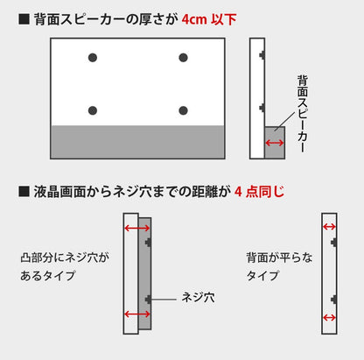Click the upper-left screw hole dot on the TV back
[93, 58]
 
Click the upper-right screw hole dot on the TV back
[183, 58]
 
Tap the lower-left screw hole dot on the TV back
[93, 110]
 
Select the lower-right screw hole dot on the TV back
[183, 110]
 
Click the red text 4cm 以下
[209, 19]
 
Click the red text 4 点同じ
[259, 192]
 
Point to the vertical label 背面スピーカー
[303, 114]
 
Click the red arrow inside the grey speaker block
[275, 143]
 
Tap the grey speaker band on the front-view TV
[137, 142]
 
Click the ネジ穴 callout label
[198, 298]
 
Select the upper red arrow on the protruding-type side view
[137, 228]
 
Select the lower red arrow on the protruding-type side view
[137, 314]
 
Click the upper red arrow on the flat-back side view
[329, 227]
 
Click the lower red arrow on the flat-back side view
[329, 317]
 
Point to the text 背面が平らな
[279, 258]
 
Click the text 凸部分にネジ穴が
[65, 258]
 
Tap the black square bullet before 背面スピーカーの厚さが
[24, 19]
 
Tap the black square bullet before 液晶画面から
[24, 192]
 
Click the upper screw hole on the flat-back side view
[334, 242]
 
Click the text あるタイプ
[47, 276]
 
